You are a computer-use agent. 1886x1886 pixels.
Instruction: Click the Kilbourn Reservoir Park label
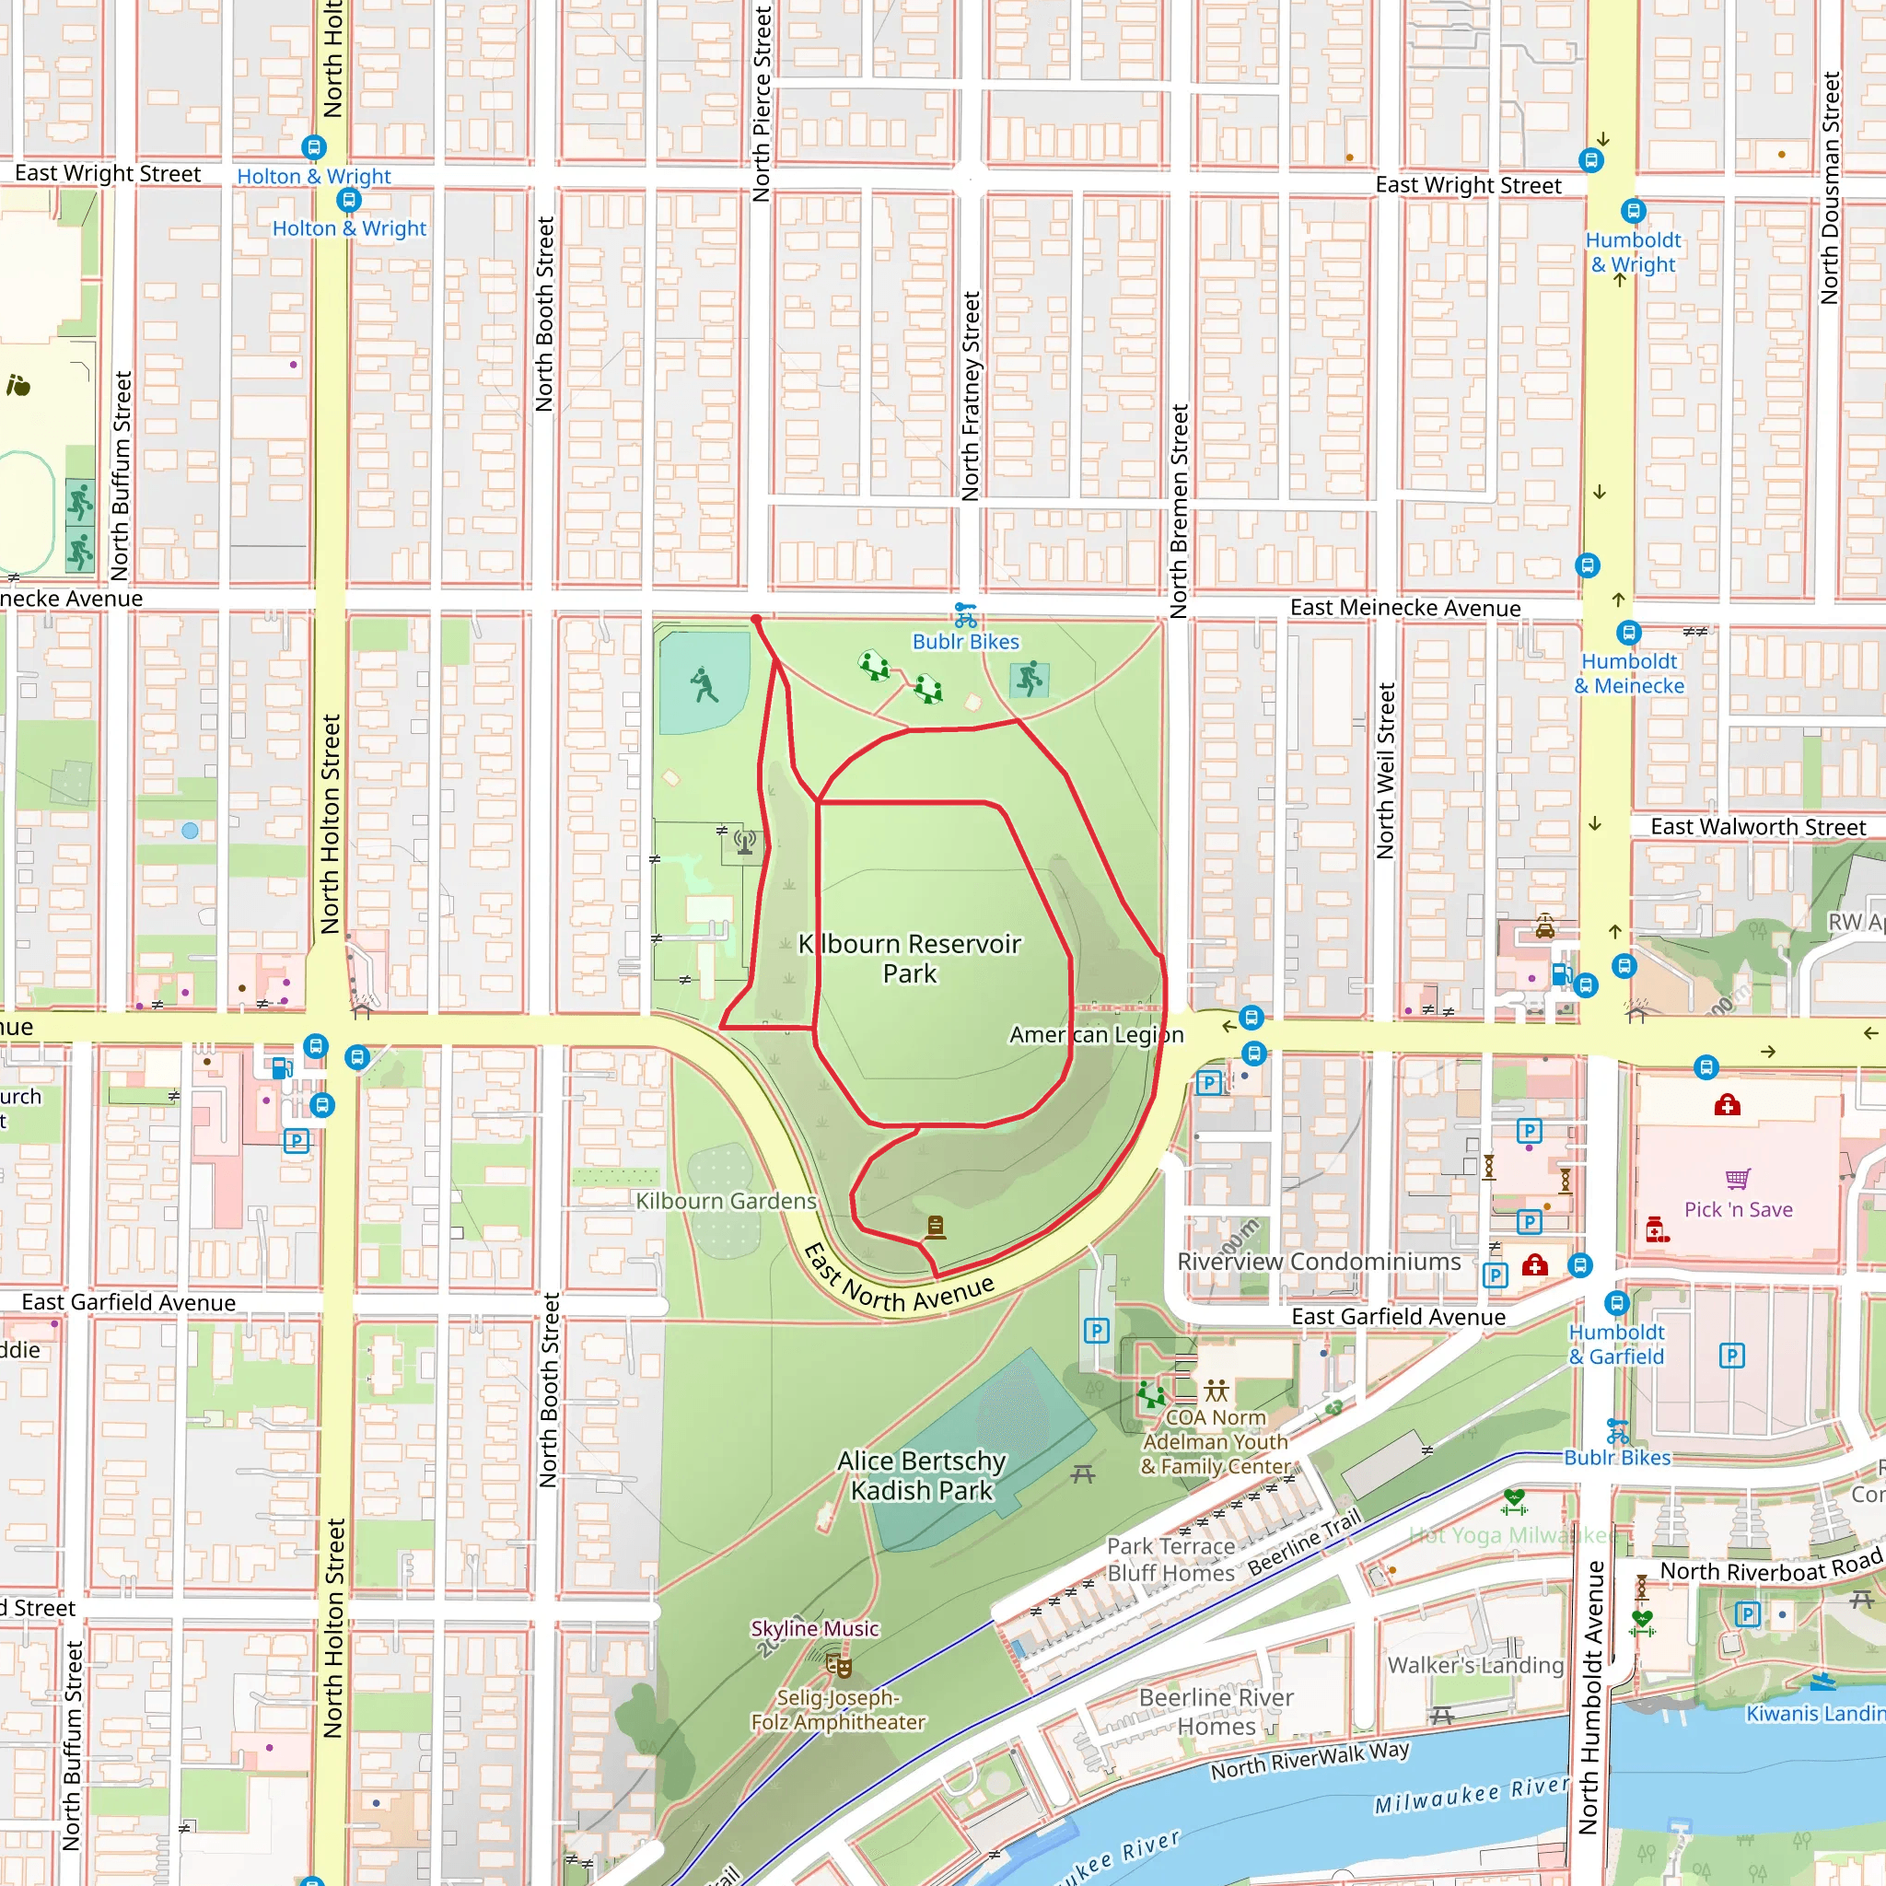(910, 959)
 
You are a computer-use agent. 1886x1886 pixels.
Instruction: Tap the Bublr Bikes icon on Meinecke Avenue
(965, 615)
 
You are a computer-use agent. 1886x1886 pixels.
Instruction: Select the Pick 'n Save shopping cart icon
(1738, 1178)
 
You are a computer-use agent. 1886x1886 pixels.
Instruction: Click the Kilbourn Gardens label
(726, 1201)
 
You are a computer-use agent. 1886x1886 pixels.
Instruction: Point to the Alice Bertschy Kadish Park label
(922, 1475)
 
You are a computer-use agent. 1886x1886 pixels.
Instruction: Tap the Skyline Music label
(814, 1628)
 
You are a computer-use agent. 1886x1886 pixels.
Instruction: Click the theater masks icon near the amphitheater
(839, 1664)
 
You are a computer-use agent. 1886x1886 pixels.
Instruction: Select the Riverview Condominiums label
(1319, 1262)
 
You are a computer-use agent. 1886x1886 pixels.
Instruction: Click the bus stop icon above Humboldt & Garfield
(1616, 1302)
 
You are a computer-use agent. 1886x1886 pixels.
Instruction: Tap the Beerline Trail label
(1304, 1543)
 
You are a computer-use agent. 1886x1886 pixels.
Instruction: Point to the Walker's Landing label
(1475, 1665)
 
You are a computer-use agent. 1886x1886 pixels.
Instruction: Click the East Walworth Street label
(1757, 827)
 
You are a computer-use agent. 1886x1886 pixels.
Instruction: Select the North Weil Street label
(1385, 771)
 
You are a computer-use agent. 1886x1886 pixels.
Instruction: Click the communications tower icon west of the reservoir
(745, 841)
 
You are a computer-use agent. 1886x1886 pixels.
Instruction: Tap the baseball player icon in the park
(704, 684)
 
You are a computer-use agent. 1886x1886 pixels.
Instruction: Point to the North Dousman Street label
(1831, 188)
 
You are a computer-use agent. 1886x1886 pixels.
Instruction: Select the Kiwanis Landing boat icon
(1822, 1681)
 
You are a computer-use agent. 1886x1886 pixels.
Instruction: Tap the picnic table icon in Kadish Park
(1083, 1474)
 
